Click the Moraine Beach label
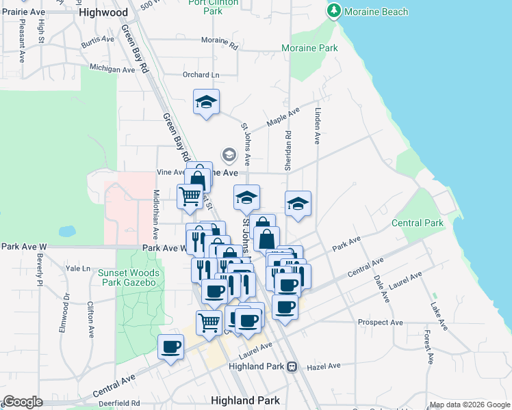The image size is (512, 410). coord(376,12)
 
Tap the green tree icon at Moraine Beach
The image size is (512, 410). coord(333,11)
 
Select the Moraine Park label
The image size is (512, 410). coord(309,49)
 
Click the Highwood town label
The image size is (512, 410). coord(103,12)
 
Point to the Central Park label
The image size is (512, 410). coord(418,223)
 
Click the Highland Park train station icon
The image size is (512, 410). coord(292,366)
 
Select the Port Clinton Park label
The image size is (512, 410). coord(214,7)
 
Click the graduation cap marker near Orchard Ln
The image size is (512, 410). coord(206,102)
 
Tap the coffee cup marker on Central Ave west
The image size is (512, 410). coord(170,346)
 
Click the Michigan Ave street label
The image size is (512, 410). coord(112,70)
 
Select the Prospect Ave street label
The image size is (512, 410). coord(380,322)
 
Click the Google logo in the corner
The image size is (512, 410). coord(23,402)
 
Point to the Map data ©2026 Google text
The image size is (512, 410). coord(469,405)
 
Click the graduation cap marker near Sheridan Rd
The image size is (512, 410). coord(298,204)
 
